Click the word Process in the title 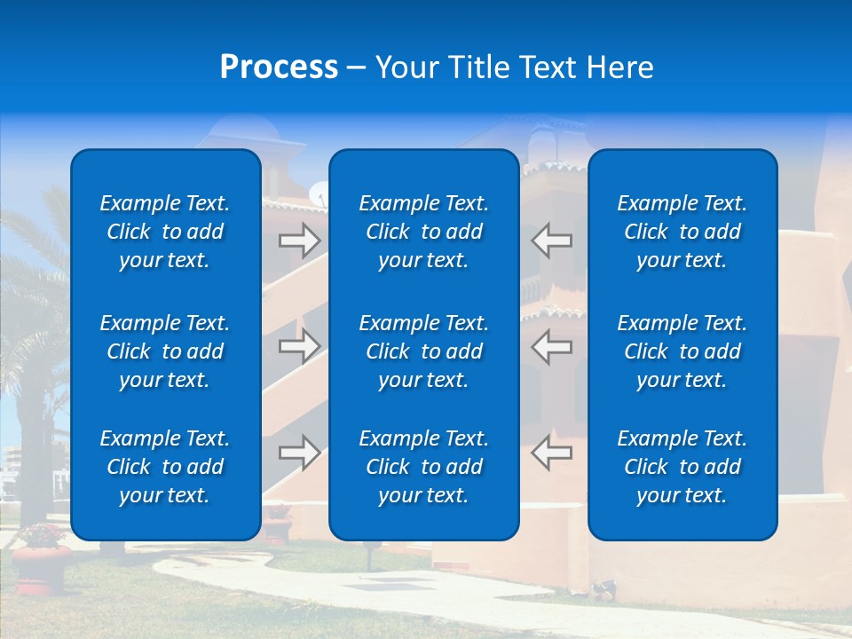coord(279,67)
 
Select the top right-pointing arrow coord(299,241)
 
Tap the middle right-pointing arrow coord(299,346)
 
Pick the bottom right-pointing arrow coord(299,453)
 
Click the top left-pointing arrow coord(551,241)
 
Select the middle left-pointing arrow coord(551,346)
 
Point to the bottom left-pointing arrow coord(551,453)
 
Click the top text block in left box coord(165,232)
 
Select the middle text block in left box coord(165,351)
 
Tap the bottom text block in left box coord(165,467)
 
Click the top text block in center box coord(423,232)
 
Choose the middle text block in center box coord(423,351)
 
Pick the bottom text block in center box coord(423,467)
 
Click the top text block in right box coord(682,232)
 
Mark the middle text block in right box coord(682,351)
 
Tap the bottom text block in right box coord(682,467)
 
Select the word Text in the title coord(547,67)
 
